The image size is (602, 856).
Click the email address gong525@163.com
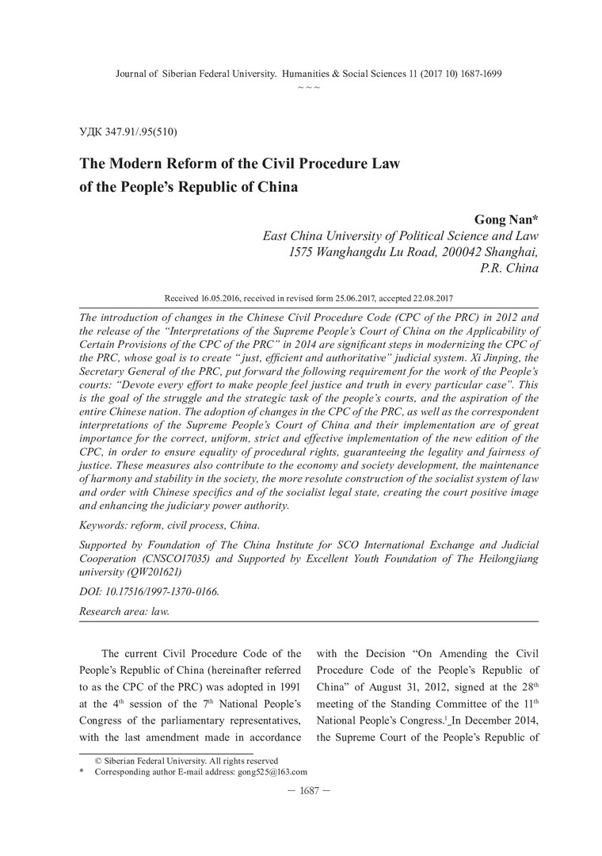point(272,770)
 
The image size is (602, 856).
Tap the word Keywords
point(105,525)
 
